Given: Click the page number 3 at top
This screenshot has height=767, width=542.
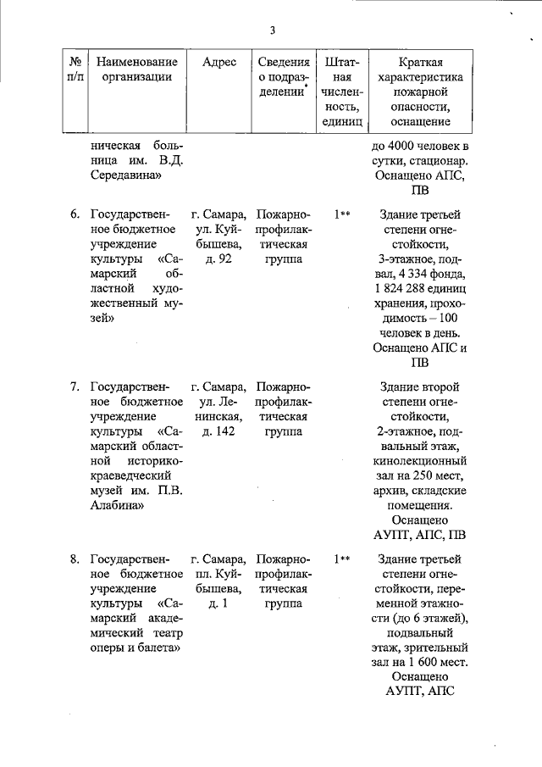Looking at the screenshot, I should coord(272,31).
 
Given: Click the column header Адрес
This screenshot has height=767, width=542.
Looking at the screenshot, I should coord(219,62).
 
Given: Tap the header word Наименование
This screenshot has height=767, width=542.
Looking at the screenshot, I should coord(137,62).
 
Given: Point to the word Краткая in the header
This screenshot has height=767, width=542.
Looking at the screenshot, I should coord(421,62).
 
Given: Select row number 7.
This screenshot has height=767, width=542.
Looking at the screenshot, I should coord(75,386).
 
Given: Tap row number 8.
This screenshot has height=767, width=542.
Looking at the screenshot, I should coord(75,559).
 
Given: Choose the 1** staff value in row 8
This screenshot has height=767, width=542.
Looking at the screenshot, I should coord(342,559).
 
